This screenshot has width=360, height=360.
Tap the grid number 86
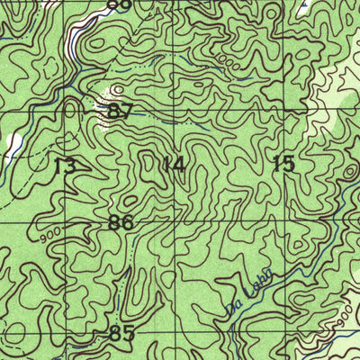pos(121,222)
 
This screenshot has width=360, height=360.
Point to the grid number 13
pos(64,166)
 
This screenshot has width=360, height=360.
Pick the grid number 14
pos(175,165)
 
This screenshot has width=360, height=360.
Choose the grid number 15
pos(283,164)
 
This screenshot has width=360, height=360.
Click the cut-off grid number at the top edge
pos(119,4)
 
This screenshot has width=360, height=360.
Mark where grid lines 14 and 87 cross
pos(175,112)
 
